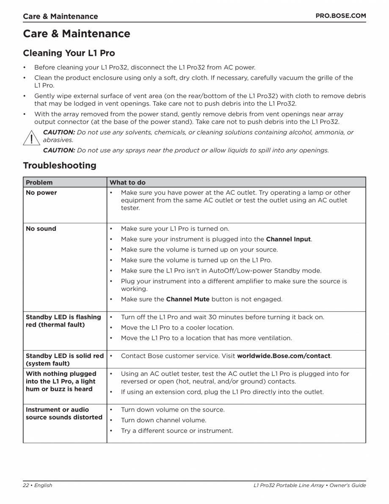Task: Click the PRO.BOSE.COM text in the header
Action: coord(341,16)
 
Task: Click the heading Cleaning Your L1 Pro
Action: coord(69,53)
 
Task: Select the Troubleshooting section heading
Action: coord(59,166)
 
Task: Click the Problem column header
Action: coord(39,183)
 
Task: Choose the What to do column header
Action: coord(127,183)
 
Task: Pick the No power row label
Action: coord(41,193)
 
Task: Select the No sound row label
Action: coord(41,229)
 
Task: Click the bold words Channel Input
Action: coord(288,239)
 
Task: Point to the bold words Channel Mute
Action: coord(188,299)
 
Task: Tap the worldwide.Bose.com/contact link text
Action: coord(284,356)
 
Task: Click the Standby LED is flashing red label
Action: coord(63,321)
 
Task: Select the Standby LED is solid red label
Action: coord(64,360)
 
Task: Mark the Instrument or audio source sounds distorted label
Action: coord(64,414)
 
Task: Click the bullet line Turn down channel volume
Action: coord(163,421)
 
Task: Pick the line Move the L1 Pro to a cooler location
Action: coord(177,328)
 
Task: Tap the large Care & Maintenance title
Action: coord(77,34)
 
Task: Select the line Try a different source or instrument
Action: coord(177,431)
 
